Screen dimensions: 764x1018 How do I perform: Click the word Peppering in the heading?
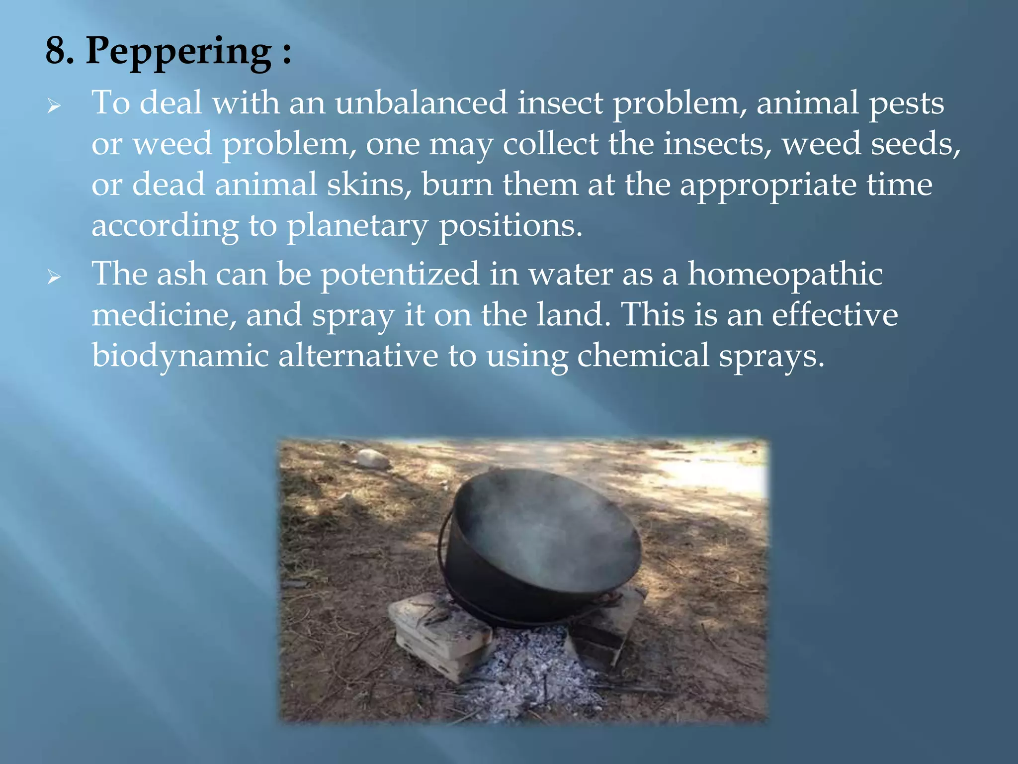pos(179,52)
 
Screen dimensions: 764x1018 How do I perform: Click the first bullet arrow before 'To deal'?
pos(54,105)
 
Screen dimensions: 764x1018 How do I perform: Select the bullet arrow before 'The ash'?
pos(54,277)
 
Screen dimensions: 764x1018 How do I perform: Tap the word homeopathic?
pos(785,275)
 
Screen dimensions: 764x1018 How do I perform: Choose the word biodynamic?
pos(180,357)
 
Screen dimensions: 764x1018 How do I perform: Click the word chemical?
pos(643,356)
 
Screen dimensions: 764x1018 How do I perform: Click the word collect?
pos(551,144)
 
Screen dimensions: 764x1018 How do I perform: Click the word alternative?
pos(358,356)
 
